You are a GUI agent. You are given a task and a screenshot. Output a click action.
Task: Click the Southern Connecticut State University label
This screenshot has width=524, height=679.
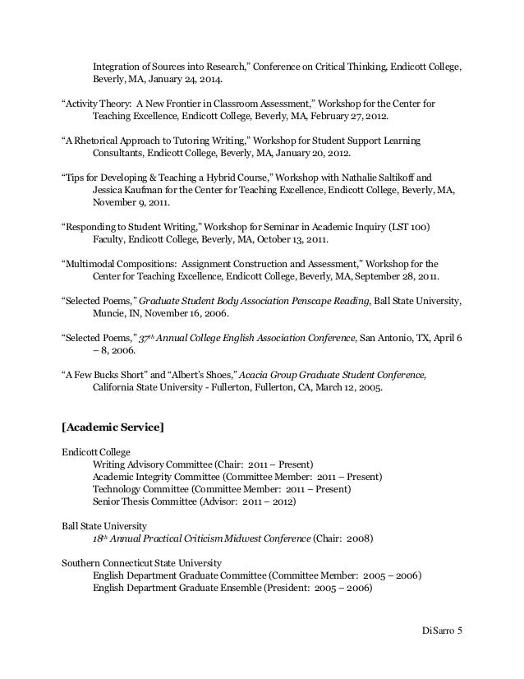141,563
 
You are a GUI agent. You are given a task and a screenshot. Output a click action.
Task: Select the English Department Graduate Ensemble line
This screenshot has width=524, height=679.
232,588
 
